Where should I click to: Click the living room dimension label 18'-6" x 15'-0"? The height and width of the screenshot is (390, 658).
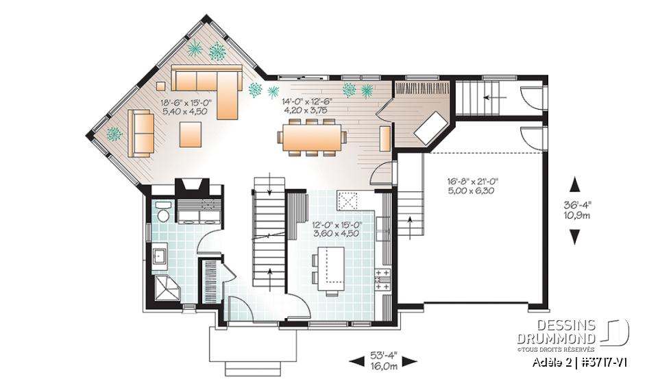coord(186,103)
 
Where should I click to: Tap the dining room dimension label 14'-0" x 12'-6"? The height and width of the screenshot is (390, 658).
coord(310,103)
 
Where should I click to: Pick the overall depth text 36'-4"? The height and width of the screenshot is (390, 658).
coord(574,204)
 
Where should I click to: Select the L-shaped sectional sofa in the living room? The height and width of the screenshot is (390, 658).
coord(206,87)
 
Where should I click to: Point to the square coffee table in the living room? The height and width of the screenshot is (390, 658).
coord(191,134)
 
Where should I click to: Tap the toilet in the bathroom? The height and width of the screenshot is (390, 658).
coord(163,210)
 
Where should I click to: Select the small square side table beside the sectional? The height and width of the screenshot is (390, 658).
coord(161,86)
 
